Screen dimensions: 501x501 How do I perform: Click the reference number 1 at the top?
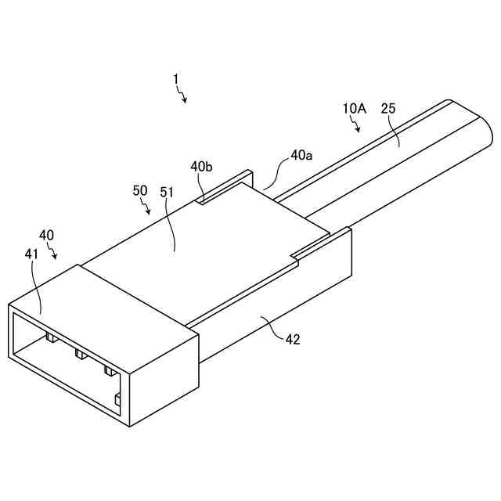pos(176,79)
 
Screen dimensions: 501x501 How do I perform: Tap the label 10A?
pos(354,109)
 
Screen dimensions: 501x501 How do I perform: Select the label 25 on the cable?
pos(388,109)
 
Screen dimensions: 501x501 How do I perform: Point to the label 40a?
pos(301,155)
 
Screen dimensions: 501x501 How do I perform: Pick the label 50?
pos(140,190)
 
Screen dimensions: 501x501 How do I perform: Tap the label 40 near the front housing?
pos(47,235)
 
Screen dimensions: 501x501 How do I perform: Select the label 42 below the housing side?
pos(291,340)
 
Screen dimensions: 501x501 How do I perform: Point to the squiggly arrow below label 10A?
pos(357,124)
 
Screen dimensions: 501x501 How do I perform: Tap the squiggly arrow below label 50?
pos(147,207)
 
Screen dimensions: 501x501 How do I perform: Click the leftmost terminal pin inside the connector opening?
pos(50,337)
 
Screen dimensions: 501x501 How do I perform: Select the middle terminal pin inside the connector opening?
pos(79,354)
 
